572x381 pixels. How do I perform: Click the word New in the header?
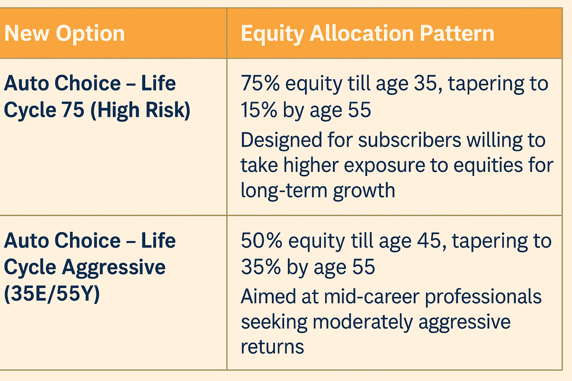click(x=27, y=33)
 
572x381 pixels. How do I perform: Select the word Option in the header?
click(x=90, y=34)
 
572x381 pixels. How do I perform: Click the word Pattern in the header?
click(x=457, y=33)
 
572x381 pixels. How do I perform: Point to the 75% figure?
click(x=260, y=83)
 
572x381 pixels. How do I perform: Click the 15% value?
click(x=259, y=110)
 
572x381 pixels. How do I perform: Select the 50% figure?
click(x=262, y=240)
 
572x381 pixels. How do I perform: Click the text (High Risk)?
click(x=141, y=110)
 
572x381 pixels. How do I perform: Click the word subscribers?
click(x=410, y=140)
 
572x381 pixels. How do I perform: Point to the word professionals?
click(x=483, y=297)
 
